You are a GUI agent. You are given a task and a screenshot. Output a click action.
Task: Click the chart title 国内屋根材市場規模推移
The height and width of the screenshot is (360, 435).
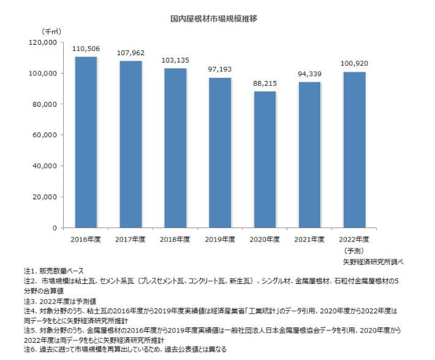point(213,18)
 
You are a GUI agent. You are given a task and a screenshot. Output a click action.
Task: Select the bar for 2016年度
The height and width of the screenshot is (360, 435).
point(86,142)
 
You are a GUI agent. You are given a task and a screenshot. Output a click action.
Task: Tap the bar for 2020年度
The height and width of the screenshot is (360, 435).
point(265,159)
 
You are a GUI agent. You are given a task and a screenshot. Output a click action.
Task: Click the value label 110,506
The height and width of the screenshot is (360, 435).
point(86,48)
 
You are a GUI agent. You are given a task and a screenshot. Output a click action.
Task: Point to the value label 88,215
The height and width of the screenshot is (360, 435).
point(265,83)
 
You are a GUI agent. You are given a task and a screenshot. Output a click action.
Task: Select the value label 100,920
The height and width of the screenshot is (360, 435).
point(354,64)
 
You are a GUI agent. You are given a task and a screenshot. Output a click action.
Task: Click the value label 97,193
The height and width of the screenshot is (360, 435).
point(220,69)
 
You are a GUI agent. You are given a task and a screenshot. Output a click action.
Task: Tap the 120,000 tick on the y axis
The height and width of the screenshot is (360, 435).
point(43,42)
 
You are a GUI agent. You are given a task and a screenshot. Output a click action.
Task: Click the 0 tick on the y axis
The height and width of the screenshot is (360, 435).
point(54,228)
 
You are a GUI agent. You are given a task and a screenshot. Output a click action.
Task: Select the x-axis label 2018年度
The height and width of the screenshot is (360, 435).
point(175,239)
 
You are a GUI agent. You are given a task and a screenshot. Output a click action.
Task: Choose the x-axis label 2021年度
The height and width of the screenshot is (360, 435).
point(309,239)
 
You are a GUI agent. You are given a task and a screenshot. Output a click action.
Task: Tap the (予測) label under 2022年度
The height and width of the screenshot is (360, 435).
point(354,250)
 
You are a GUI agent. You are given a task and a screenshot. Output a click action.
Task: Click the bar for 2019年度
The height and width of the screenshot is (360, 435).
point(220,153)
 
